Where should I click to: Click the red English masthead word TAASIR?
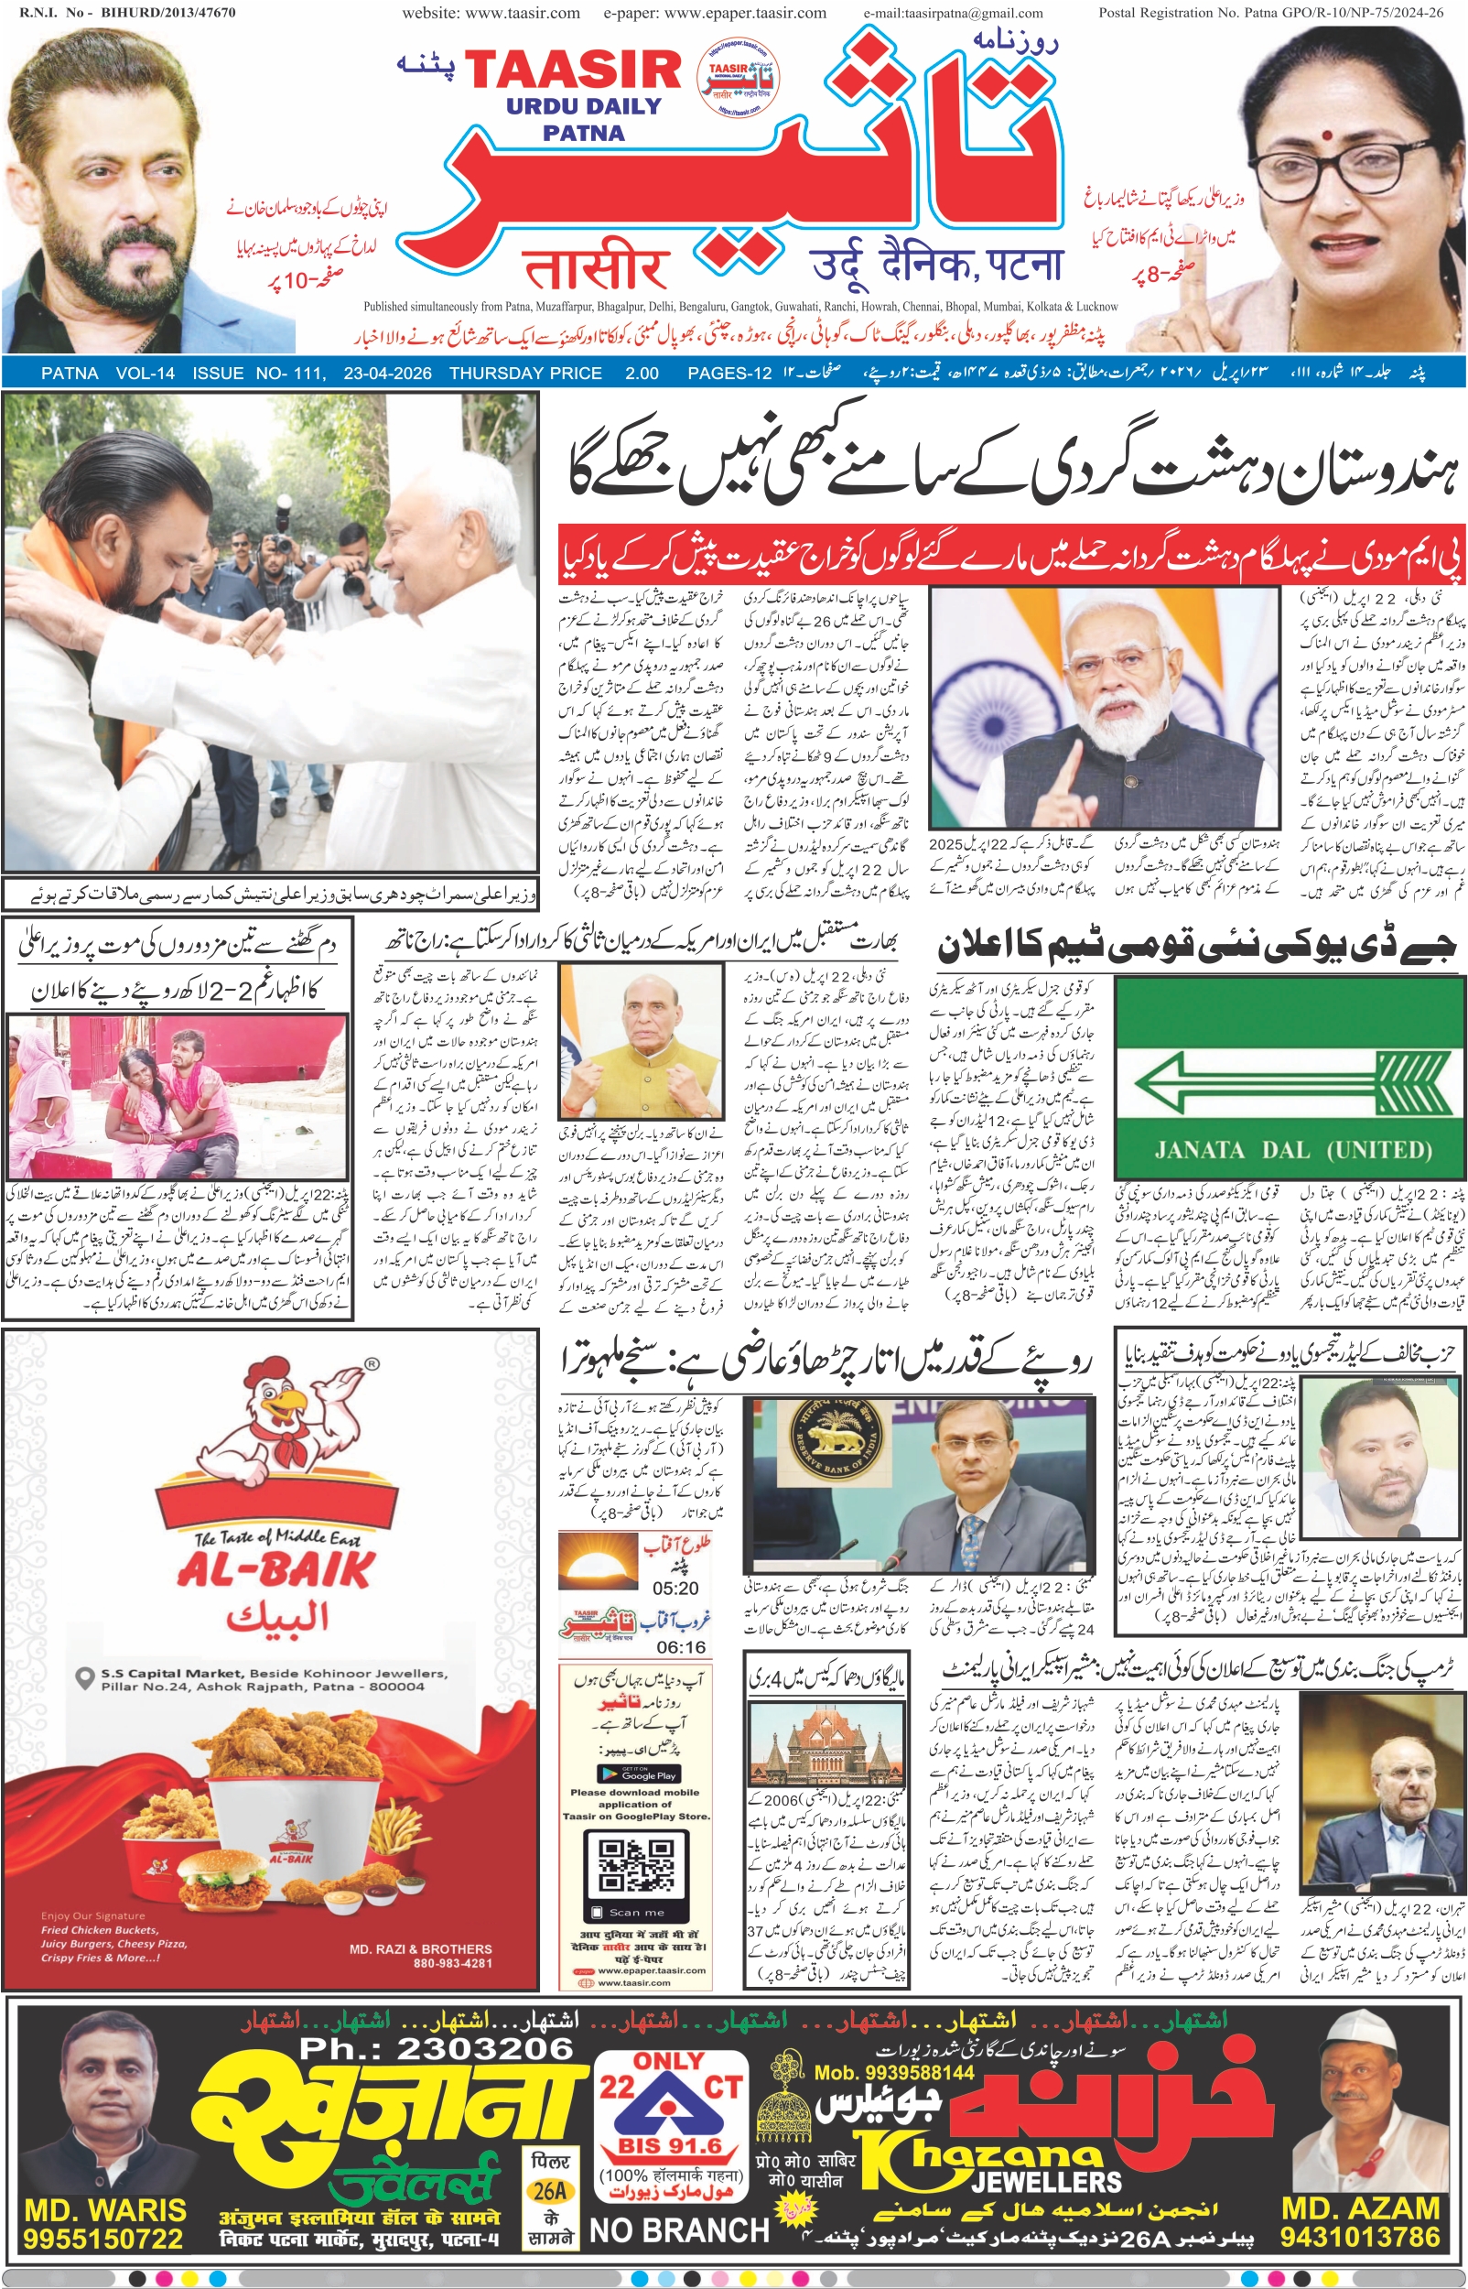coord(572,70)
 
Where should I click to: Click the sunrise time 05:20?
coord(675,1589)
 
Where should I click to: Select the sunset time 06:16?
coord(681,1647)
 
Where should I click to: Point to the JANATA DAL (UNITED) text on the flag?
coord(1292,1149)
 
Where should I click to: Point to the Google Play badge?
coord(636,1774)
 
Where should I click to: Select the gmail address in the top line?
coord(954,14)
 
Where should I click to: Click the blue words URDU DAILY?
coord(583,106)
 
